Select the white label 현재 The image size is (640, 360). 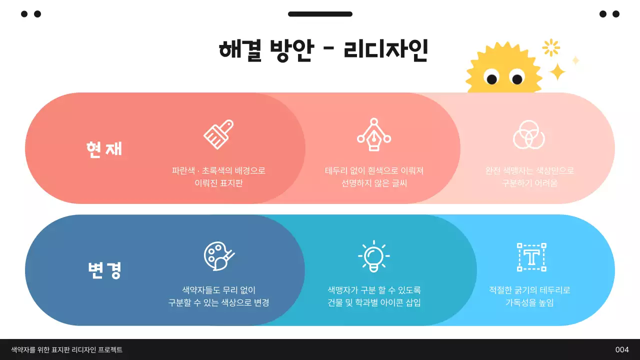point(104,148)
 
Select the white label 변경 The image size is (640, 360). point(104,270)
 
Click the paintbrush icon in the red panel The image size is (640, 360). point(218,134)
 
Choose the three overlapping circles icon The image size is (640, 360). point(529,134)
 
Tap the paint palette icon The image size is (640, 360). point(219,256)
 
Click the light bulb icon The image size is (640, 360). point(374,256)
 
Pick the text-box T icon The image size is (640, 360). point(531,257)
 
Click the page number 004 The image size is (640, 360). point(622,350)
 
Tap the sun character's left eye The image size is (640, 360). point(491,77)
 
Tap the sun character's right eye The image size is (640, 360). point(517,77)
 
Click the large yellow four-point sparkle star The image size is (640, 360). point(557,72)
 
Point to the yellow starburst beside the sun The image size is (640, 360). point(551,47)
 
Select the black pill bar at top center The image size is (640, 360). point(320,14)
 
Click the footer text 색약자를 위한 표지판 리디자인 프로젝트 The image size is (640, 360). point(67,350)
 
